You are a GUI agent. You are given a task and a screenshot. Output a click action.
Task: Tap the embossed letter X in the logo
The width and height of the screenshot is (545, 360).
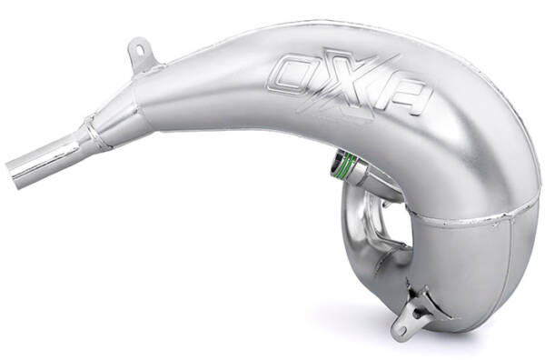334,78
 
